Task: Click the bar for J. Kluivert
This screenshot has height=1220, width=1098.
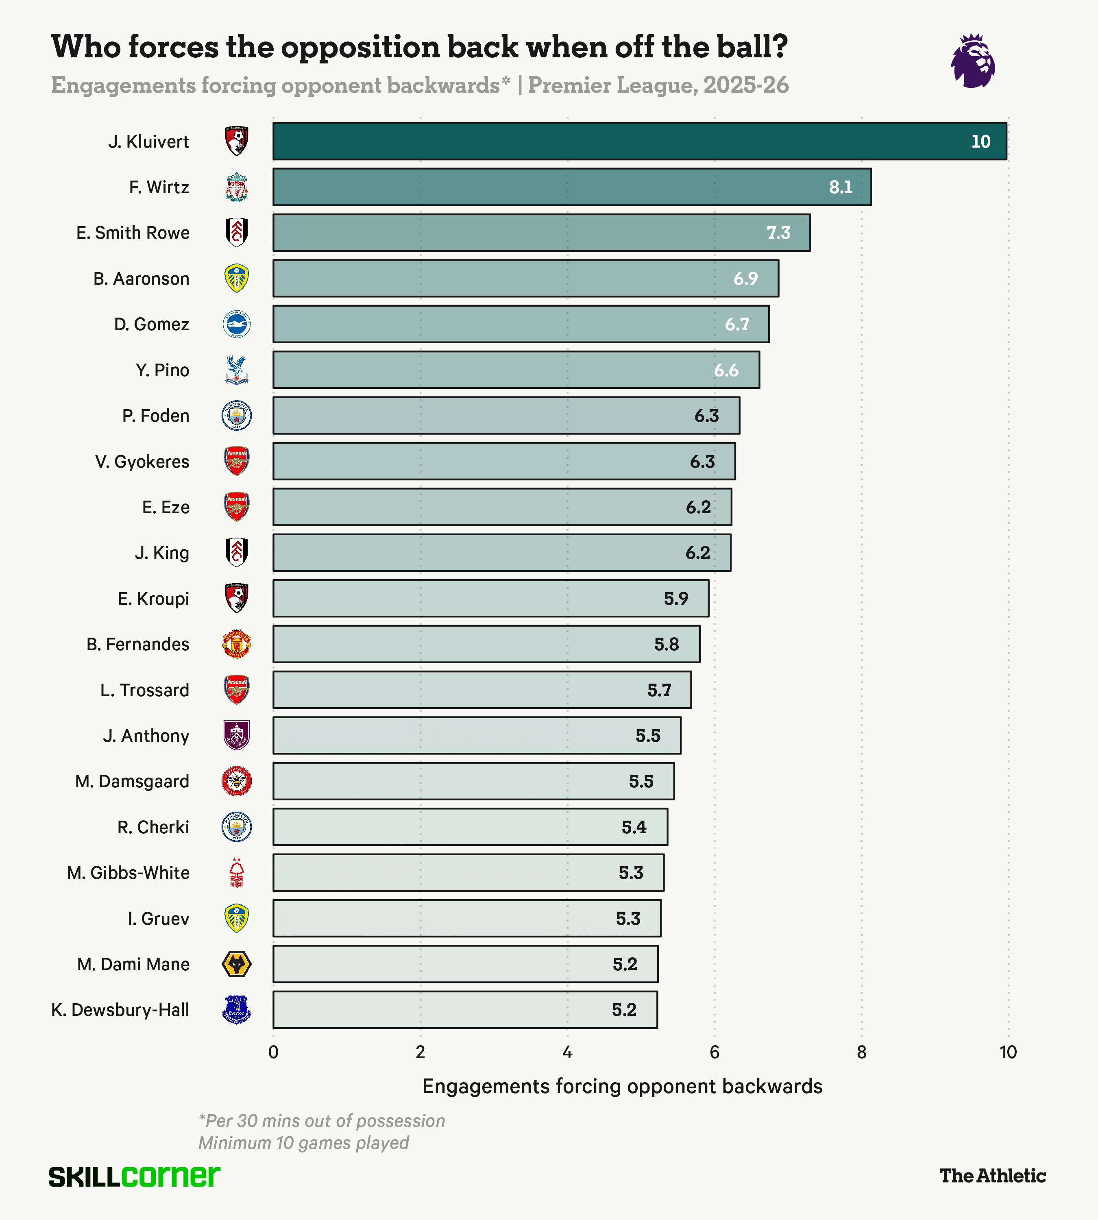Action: (x=640, y=141)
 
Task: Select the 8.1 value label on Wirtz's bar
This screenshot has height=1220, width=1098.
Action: (x=841, y=187)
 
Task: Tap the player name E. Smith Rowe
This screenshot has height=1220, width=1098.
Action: (x=133, y=233)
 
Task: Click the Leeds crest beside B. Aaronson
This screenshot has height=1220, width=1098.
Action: (x=237, y=279)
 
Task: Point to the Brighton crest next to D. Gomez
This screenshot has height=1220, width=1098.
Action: (x=237, y=325)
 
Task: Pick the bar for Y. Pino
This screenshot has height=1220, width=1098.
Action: (x=516, y=370)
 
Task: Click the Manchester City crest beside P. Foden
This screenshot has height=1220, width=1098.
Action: (x=237, y=416)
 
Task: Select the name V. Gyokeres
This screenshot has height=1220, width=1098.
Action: (x=142, y=462)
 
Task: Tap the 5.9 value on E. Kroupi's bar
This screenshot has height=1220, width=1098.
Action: (x=676, y=599)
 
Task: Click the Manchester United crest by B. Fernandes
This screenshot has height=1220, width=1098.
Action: (x=237, y=645)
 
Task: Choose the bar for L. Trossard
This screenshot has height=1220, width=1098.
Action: (x=481, y=690)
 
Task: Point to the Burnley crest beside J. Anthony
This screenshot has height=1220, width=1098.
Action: (x=237, y=736)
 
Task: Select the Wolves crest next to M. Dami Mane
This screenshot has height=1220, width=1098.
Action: (x=237, y=964)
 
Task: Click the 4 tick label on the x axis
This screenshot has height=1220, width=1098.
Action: (x=567, y=1053)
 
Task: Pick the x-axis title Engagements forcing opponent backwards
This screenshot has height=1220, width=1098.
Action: (x=622, y=1086)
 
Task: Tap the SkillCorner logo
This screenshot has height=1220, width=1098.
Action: (x=134, y=1176)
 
